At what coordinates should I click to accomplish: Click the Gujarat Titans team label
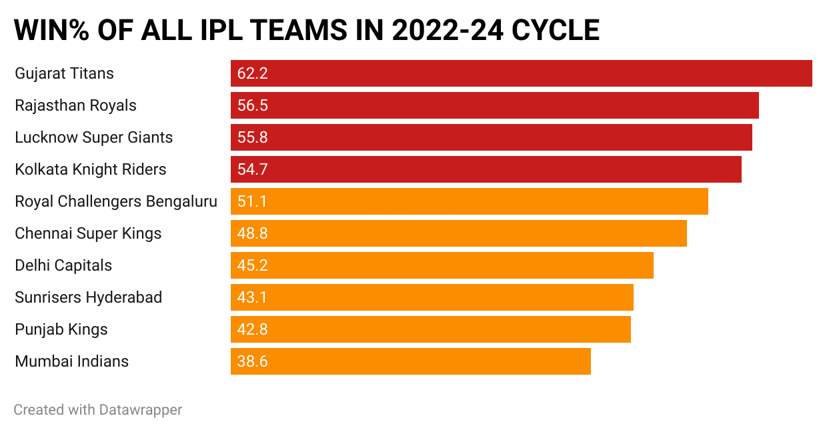(64, 73)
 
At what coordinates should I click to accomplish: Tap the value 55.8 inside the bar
(252, 137)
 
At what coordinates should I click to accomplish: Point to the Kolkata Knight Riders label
(91, 169)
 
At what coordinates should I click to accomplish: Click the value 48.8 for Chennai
(252, 233)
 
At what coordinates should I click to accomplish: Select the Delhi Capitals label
(63, 265)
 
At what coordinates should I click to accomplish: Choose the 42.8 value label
(252, 329)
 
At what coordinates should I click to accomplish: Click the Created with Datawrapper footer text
(98, 409)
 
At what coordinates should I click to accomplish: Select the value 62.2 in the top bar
(252, 73)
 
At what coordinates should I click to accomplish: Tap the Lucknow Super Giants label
(93, 137)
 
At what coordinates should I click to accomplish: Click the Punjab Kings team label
(61, 329)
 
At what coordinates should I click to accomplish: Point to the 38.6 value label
(252, 361)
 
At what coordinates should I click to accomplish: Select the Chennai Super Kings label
(88, 233)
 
